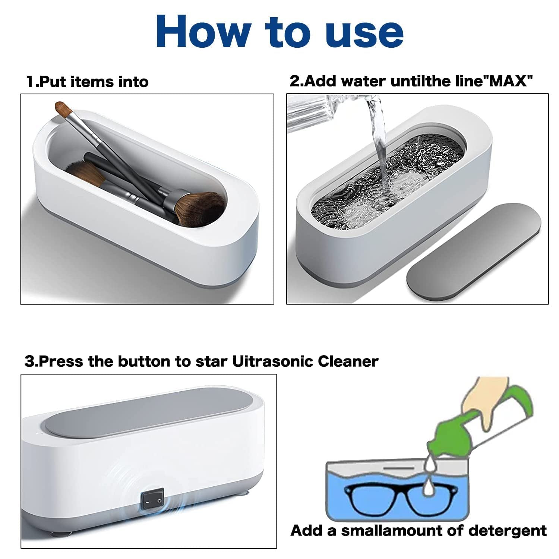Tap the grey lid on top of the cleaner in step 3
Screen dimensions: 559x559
149,410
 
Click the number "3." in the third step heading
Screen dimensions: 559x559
32,361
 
